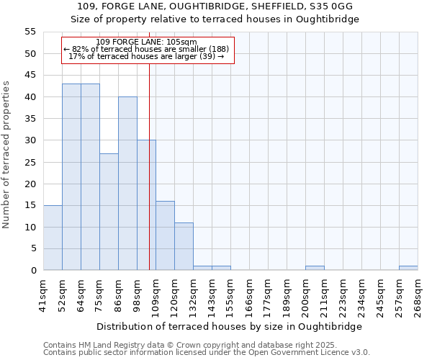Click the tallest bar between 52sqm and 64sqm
pos(71,177)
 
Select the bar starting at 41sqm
pos(53,238)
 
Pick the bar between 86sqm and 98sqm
pos(127,184)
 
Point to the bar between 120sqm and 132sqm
pos(184,246)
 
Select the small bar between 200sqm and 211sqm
pos(315,268)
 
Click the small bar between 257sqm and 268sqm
pos(408,268)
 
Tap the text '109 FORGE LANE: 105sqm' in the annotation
pos(146,42)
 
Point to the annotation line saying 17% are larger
pos(146,56)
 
